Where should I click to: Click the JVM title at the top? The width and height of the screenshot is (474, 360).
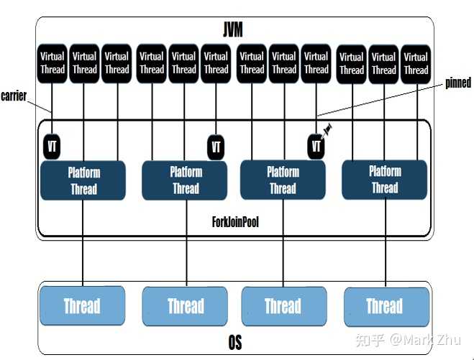232,29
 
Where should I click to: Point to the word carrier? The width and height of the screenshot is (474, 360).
14,96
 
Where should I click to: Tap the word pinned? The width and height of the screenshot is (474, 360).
457,83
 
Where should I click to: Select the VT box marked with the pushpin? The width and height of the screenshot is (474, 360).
316,147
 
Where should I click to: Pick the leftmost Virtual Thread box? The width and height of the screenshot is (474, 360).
52,63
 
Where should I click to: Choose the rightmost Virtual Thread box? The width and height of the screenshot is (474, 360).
416,63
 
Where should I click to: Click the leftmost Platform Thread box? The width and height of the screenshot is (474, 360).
83,180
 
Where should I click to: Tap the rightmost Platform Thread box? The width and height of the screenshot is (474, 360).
385,180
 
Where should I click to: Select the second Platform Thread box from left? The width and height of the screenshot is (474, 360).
186,180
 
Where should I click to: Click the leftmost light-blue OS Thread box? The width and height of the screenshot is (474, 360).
82,306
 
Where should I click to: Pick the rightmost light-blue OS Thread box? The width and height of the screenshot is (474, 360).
385,306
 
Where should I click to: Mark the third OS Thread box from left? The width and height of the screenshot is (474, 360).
283,306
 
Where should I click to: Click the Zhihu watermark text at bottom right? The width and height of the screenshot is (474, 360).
424,338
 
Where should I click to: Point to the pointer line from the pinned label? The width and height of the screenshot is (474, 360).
381,99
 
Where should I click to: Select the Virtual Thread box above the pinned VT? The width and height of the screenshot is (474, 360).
316,63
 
